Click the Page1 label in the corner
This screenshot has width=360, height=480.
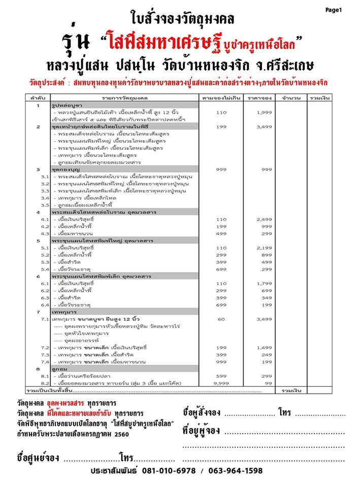(x=334, y=10)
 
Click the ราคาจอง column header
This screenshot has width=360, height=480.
(x=259, y=97)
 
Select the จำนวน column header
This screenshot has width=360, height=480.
(x=290, y=97)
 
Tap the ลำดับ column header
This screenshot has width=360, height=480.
(x=38, y=97)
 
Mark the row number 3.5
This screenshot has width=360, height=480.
(x=45, y=205)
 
